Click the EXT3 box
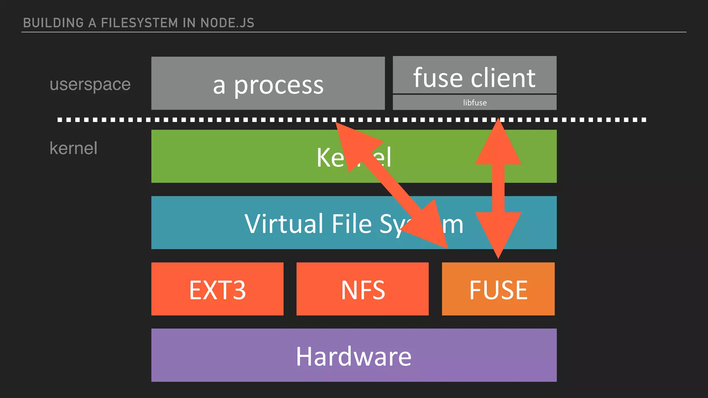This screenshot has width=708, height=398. [x=217, y=289]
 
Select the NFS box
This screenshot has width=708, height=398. [x=362, y=289]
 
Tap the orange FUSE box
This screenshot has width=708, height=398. [x=498, y=289]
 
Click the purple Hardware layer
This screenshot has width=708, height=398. [x=354, y=355]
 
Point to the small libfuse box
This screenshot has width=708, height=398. [x=475, y=103]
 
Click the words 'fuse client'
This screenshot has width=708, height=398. [x=474, y=78]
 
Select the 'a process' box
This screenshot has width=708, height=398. [x=268, y=83]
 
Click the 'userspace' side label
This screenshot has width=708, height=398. [x=90, y=84]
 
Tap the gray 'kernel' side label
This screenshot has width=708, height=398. [x=73, y=148]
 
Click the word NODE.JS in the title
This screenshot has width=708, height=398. [x=227, y=23]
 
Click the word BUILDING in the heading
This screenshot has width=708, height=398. [x=53, y=23]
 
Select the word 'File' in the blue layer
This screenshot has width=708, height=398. [x=352, y=224]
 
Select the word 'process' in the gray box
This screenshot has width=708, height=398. [x=279, y=85]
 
